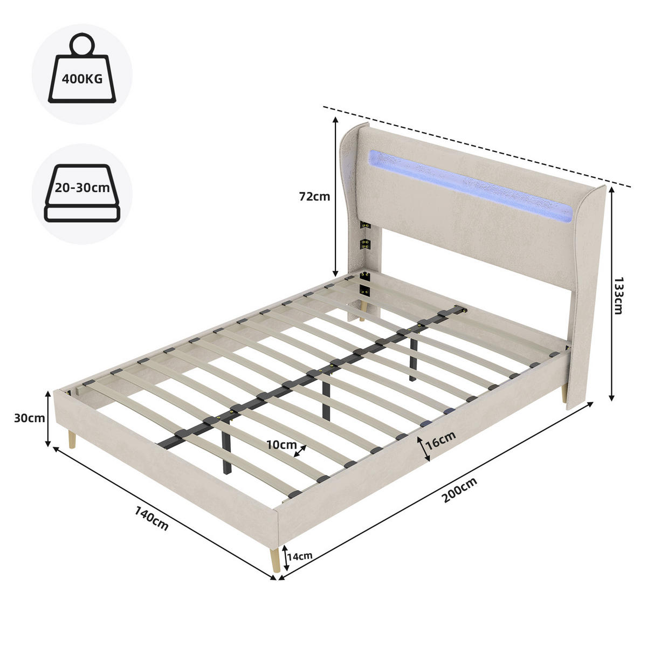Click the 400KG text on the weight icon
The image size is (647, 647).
coord(82,79)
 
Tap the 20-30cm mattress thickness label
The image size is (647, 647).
coord(82,188)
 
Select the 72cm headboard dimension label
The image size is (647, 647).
coord(314,196)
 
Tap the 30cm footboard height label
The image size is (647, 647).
coord(30,418)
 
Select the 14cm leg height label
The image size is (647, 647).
coord(300,556)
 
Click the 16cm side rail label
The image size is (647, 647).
coord(440,440)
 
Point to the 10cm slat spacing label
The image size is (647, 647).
coord(281,445)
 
